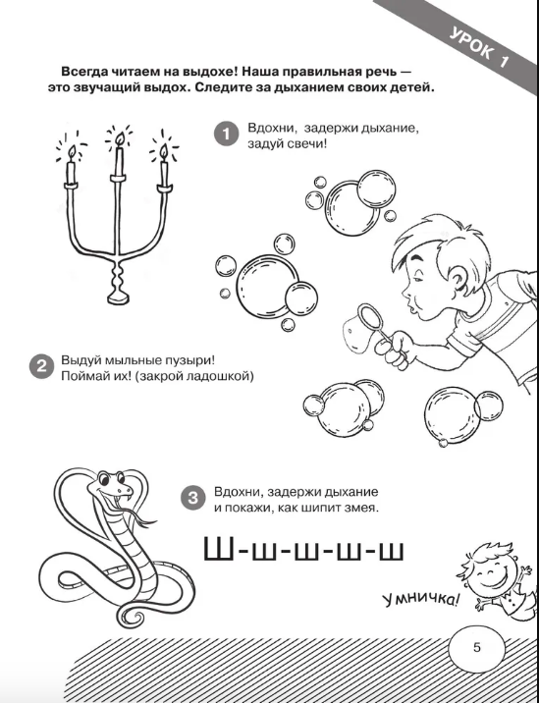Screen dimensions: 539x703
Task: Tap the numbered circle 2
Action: pyautogui.click(x=41, y=366)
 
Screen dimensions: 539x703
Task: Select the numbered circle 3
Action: pyautogui.click(x=192, y=498)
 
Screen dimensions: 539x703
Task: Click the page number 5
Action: pyautogui.click(x=477, y=647)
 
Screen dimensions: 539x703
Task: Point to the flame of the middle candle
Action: pyautogui.click(x=119, y=139)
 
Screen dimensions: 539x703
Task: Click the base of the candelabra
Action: pyautogui.click(x=119, y=298)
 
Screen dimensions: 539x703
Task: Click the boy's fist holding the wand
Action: pyautogui.click(x=396, y=351)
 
